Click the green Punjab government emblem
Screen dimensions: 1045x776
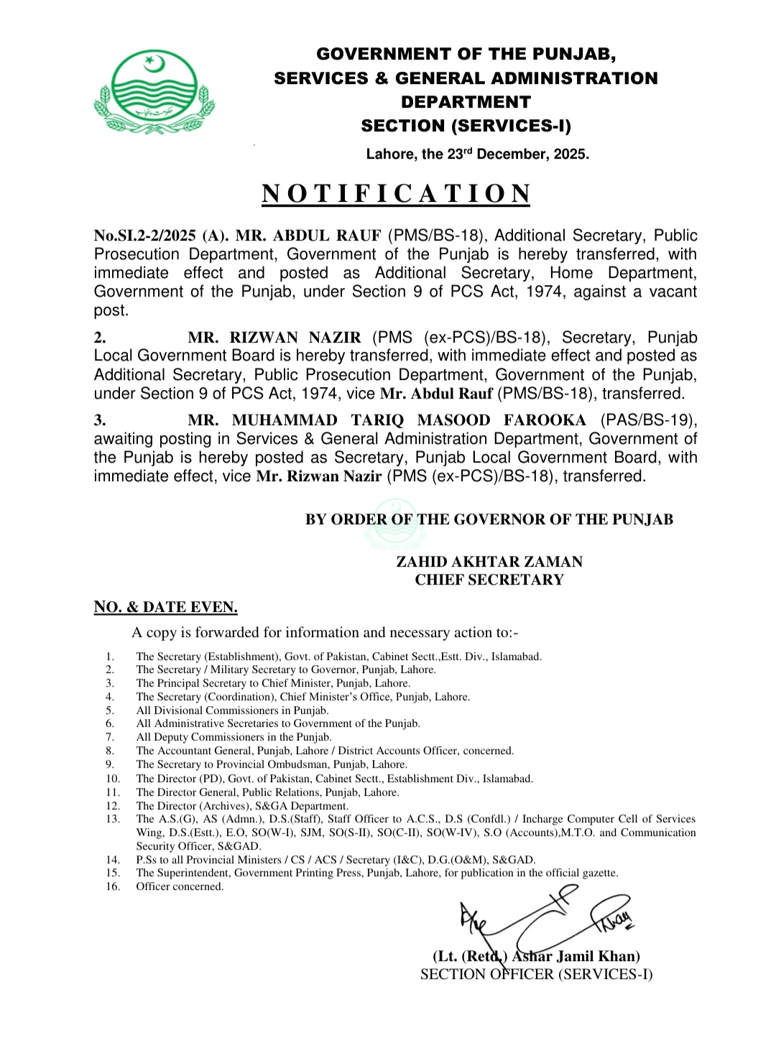pos(154,92)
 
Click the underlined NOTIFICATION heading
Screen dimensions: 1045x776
pos(395,194)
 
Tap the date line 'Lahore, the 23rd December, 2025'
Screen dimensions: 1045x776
pos(477,154)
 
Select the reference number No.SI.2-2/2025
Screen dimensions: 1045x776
pos(144,236)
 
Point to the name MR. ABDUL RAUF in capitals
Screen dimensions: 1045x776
pos(308,236)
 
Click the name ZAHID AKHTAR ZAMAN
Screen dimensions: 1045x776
pos(489,562)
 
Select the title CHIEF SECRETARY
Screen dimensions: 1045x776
pos(489,580)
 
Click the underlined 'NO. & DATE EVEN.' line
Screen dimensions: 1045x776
pos(165,607)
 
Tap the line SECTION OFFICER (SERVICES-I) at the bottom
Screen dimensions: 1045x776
pos(536,975)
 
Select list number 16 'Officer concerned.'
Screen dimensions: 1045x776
pos(180,887)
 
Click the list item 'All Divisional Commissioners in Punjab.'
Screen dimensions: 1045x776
pos(232,710)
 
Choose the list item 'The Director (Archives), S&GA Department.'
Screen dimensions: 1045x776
pos(242,806)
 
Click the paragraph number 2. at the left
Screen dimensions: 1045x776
pos(100,338)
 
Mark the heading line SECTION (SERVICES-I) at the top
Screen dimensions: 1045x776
pos(466,126)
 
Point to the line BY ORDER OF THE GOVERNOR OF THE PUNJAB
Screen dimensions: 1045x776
pos(489,519)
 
